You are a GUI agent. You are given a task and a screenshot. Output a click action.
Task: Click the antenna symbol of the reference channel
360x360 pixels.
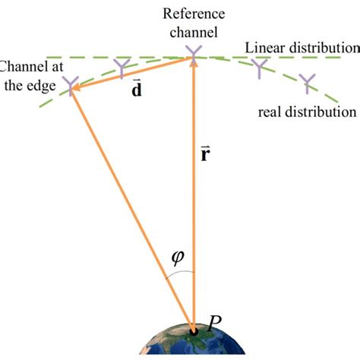coord(194,52)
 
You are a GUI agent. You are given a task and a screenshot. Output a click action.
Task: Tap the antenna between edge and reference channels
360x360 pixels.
coord(122,68)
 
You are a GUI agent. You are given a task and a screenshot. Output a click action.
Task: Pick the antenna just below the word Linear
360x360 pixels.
coord(260,69)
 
